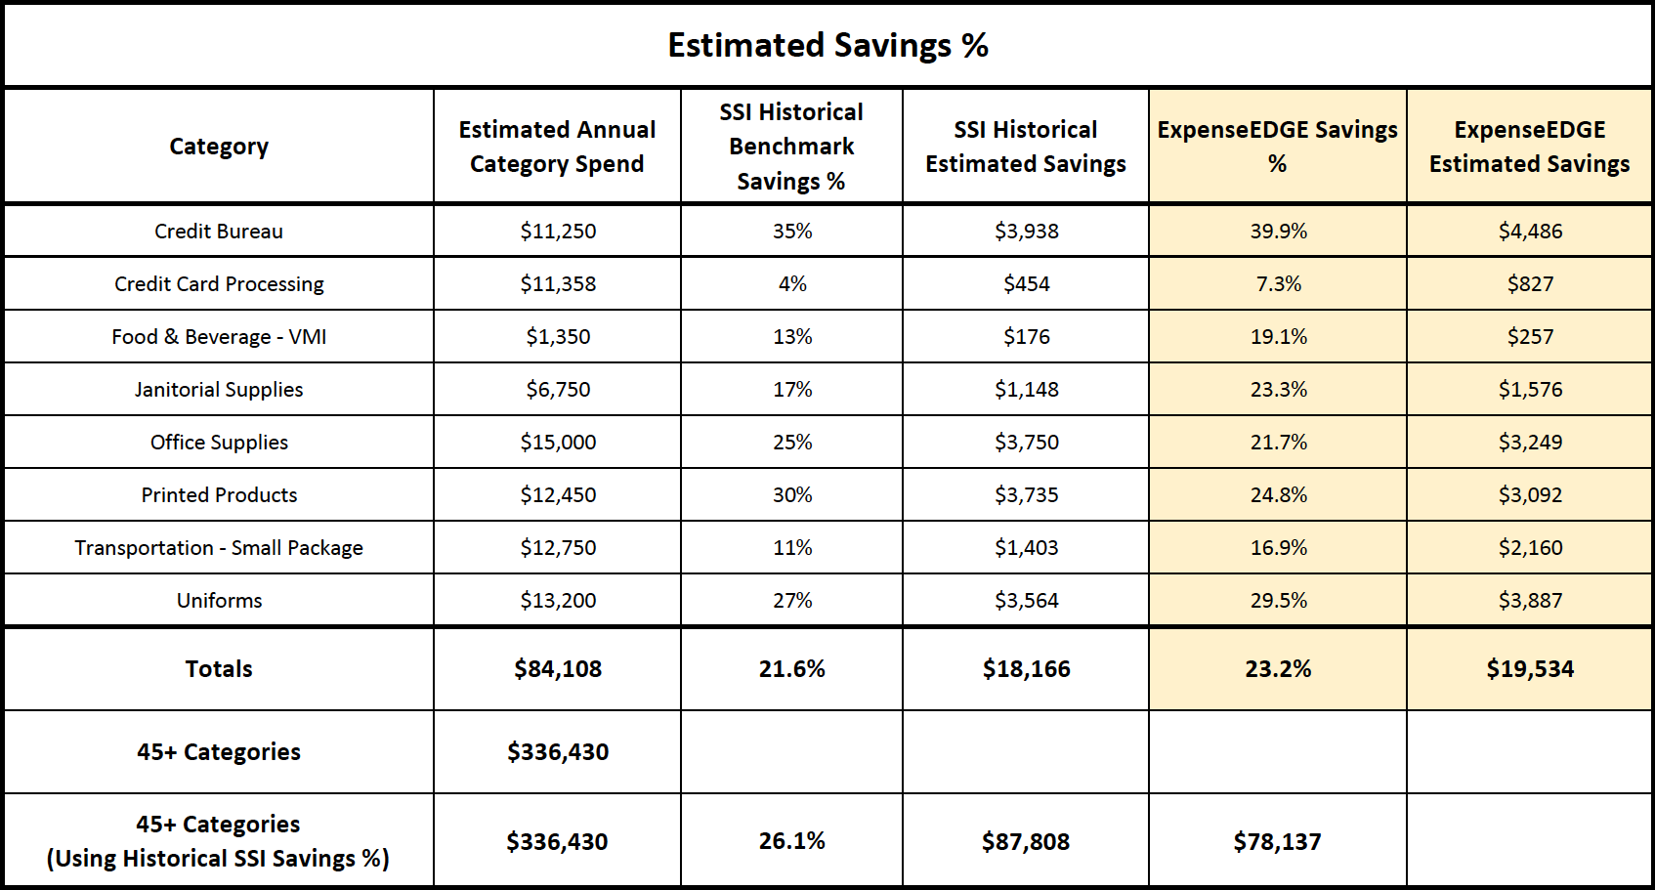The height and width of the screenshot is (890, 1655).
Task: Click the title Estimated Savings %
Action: (x=827, y=45)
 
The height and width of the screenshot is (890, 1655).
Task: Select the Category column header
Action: (x=219, y=147)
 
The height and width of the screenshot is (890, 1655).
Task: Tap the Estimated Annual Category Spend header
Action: (x=557, y=147)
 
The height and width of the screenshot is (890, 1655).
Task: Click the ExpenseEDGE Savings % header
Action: (x=1278, y=147)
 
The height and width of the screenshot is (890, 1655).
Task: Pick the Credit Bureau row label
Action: (x=219, y=232)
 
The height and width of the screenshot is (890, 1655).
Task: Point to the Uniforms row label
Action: (x=219, y=601)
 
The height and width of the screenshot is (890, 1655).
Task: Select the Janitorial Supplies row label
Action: (x=219, y=389)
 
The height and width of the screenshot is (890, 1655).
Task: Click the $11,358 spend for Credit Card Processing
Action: (x=558, y=283)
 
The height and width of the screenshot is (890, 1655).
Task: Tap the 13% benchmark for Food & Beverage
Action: (x=792, y=337)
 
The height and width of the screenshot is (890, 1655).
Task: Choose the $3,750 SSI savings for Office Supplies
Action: (x=1026, y=442)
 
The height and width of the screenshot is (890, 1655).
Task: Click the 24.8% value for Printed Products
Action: (x=1278, y=495)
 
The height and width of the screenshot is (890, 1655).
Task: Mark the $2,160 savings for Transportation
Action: (x=1530, y=547)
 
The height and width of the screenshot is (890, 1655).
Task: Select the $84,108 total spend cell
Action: (x=558, y=669)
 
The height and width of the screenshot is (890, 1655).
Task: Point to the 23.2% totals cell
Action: (x=1278, y=669)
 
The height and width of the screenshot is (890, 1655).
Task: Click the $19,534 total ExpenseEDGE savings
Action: (x=1530, y=669)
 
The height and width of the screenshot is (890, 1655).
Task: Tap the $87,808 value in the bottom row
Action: (x=1026, y=841)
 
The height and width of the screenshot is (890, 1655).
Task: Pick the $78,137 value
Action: (x=1278, y=841)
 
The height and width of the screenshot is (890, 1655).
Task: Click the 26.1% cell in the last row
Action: (x=792, y=840)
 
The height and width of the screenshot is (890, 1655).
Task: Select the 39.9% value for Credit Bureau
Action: (x=1278, y=232)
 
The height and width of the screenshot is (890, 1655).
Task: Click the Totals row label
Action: (x=219, y=669)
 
